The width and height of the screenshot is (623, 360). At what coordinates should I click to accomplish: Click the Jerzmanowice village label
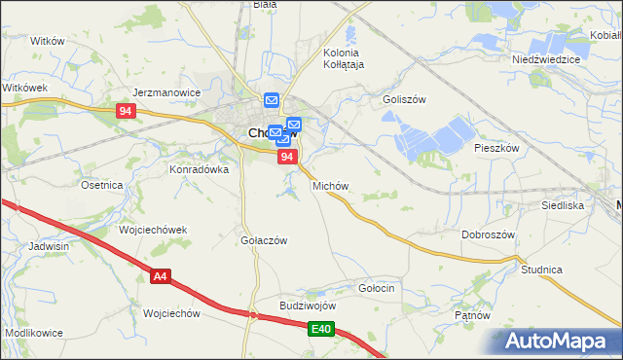click(166, 93)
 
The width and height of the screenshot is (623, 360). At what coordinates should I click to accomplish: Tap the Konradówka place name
click(200, 168)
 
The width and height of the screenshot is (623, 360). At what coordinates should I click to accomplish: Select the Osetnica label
click(102, 185)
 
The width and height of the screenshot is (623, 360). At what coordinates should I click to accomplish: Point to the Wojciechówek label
click(153, 231)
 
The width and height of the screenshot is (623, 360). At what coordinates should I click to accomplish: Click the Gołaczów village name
click(264, 240)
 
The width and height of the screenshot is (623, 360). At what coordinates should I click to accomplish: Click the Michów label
click(330, 185)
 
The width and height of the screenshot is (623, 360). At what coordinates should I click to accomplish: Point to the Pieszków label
click(497, 148)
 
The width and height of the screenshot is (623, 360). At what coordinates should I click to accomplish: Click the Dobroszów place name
click(488, 235)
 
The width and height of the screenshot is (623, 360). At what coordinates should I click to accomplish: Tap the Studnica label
click(542, 269)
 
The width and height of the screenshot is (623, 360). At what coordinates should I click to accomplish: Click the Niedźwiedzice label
click(546, 59)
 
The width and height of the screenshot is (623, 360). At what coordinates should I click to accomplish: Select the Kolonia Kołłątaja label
click(343, 58)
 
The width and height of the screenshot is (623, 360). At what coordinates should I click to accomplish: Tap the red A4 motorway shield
click(161, 278)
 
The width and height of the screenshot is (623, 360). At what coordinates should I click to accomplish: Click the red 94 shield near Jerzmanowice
click(125, 111)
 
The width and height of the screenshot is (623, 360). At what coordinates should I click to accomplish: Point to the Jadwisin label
click(49, 247)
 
